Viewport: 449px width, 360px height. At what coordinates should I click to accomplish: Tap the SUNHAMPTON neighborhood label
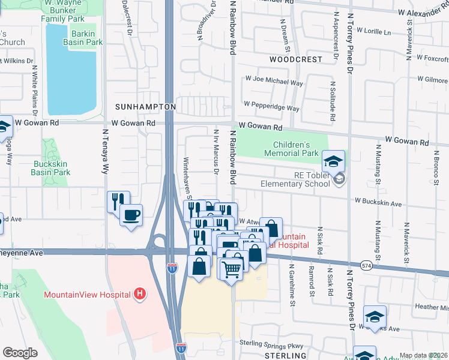pos(145,107)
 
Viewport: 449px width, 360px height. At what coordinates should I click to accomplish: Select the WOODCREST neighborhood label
pos(295,60)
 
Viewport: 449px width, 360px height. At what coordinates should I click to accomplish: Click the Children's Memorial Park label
pos(295,149)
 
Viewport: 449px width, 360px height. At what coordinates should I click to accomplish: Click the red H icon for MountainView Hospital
pos(140,294)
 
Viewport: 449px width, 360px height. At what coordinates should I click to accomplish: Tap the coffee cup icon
pos(131,214)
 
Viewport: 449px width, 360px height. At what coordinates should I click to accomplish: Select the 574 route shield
pos(367,265)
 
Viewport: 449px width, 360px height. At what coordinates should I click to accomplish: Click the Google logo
pos(20,352)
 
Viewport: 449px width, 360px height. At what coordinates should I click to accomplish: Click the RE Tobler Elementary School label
pos(295,179)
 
